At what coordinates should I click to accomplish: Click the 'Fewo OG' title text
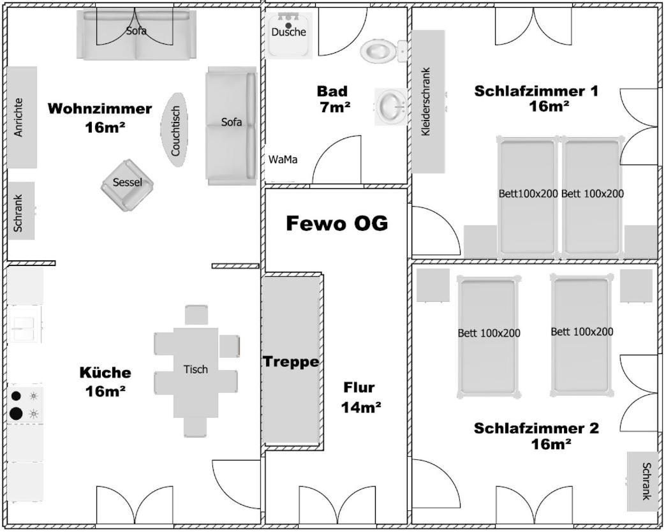click(x=336, y=224)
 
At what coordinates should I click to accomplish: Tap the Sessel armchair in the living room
click(x=128, y=184)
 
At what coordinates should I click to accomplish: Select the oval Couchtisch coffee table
click(x=175, y=129)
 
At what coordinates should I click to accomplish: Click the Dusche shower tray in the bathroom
click(x=289, y=35)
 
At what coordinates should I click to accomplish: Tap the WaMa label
click(x=283, y=159)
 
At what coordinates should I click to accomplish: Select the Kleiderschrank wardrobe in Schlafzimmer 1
click(x=427, y=102)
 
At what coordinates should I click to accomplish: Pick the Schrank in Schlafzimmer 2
click(x=642, y=481)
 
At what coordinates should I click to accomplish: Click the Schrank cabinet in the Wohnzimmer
click(x=20, y=211)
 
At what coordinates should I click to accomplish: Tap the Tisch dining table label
click(x=195, y=369)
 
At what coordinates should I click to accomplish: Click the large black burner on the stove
click(x=16, y=413)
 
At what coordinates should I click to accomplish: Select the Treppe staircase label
click(x=291, y=362)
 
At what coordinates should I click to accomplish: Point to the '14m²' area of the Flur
click(x=361, y=407)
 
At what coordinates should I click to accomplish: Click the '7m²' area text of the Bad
click(x=335, y=108)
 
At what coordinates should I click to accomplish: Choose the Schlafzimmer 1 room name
click(x=536, y=91)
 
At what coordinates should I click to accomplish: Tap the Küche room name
click(x=105, y=373)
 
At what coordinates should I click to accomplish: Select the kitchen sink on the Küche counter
click(x=24, y=325)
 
